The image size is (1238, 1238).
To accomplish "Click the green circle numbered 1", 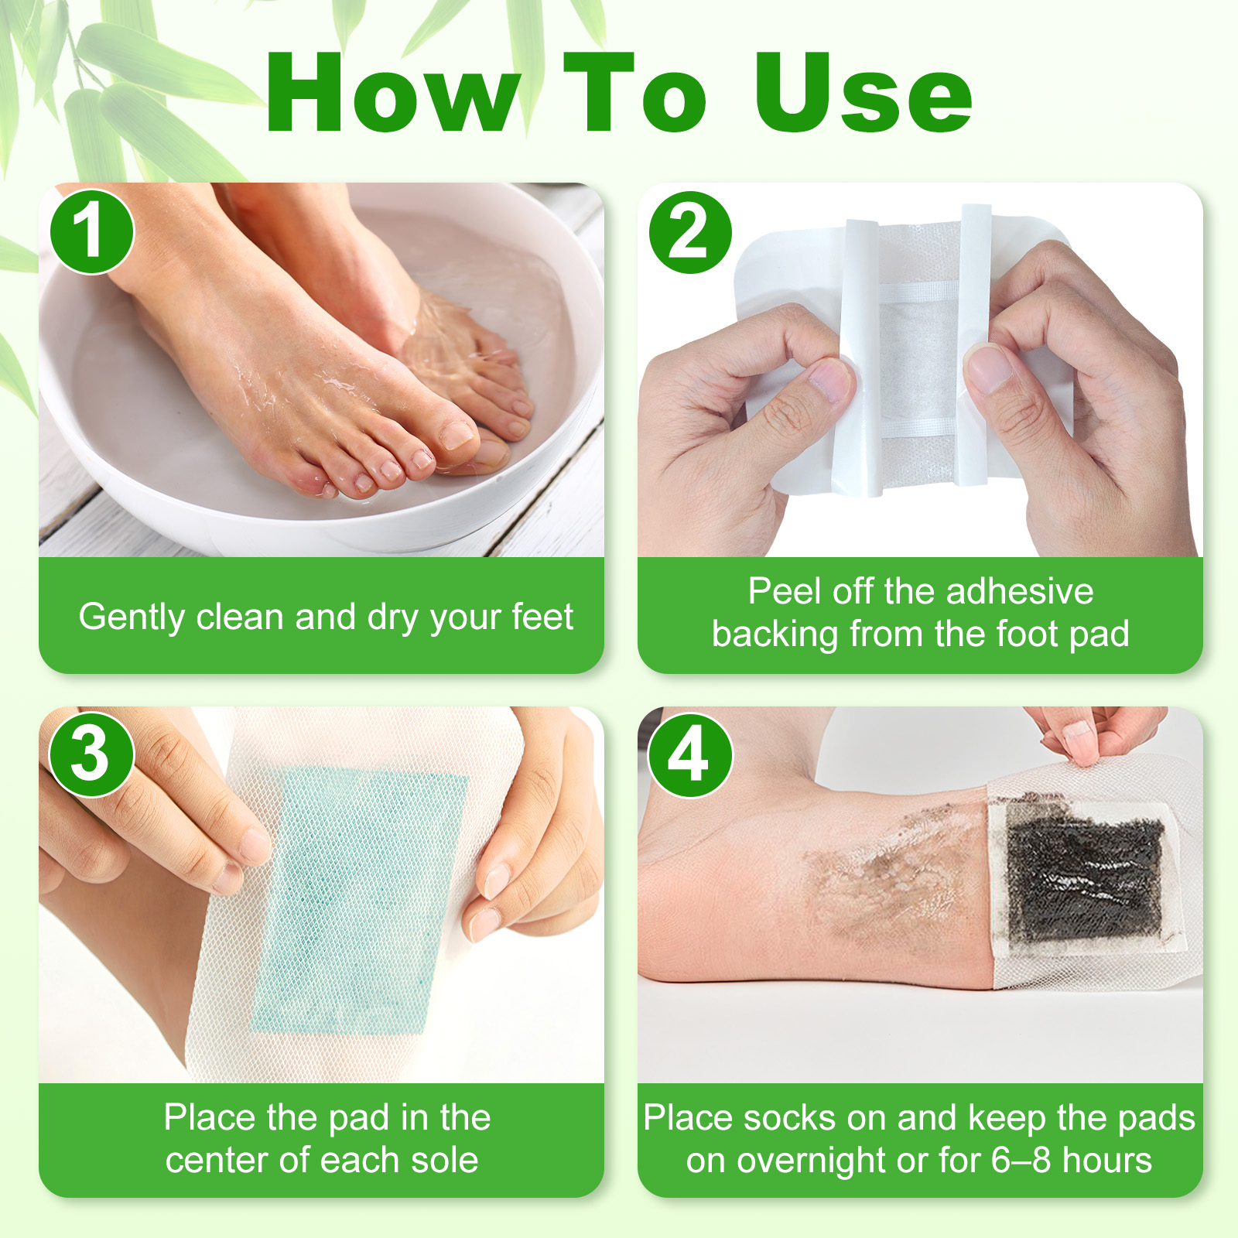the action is (92, 231).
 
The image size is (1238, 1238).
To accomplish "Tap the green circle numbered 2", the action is (690, 232).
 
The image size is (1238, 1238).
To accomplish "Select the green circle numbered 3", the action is (92, 754).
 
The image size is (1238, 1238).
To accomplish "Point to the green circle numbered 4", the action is (690, 755).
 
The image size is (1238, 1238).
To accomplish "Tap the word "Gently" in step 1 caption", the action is (132, 617).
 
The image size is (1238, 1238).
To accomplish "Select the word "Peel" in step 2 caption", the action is (781, 591).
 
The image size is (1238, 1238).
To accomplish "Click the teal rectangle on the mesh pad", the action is (360, 901).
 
